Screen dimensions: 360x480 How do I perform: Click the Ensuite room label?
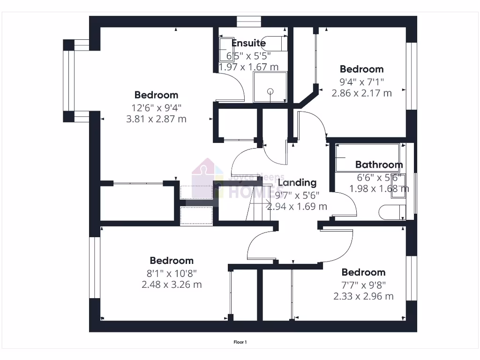click(x=249, y=43)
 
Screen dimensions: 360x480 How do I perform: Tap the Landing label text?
click(x=297, y=182)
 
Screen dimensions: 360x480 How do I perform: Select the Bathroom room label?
click(x=379, y=165)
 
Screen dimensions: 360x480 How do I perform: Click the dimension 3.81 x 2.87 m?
click(x=156, y=119)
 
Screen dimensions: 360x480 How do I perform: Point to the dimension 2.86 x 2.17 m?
click(x=361, y=93)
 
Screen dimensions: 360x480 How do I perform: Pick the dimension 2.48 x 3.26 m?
click(x=172, y=284)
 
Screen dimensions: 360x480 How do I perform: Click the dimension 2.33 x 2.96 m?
click(x=363, y=296)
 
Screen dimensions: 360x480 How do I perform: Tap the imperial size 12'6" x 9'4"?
click(x=156, y=107)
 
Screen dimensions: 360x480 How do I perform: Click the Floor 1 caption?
click(x=240, y=342)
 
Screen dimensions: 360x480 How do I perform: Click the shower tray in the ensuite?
click(x=270, y=87)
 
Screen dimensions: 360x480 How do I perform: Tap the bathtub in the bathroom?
click(x=367, y=157)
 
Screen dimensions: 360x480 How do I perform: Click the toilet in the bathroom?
click(x=391, y=212)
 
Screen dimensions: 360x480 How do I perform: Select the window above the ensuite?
click(x=248, y=22)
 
